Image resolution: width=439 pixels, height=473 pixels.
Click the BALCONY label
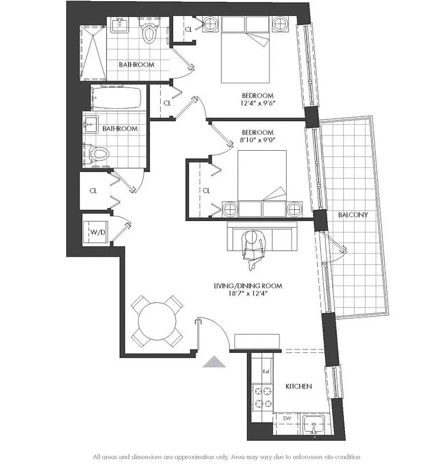click(353, 215)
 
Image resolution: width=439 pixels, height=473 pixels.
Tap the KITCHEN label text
click(298, 386)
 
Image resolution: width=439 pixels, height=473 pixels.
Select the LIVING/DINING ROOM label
click(248, 286)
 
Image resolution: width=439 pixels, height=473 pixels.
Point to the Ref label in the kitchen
click(266, 372)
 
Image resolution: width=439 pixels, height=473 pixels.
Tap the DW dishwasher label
click(286, 418)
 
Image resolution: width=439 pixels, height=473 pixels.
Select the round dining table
click(157, 321)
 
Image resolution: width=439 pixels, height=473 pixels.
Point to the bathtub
click(117, 99)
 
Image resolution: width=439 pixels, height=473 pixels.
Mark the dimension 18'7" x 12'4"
click(248, 294)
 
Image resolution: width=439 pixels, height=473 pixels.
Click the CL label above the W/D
click(93, 191)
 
